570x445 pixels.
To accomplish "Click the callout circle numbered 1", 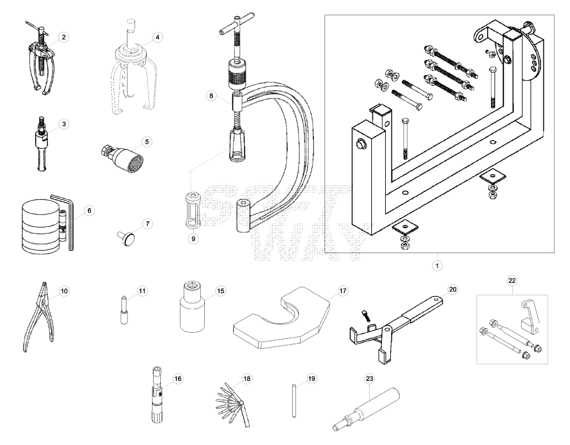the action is pos(437,265).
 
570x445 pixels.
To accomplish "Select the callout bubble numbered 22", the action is pos(512,280).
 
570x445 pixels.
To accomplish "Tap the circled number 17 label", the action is pos(343,291).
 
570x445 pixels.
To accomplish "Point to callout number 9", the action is pos(193,239).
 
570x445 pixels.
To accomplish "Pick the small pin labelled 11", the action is pos(124,310).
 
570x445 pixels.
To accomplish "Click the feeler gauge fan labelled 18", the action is pos(232,404).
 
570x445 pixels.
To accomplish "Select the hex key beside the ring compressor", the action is pos(67,221).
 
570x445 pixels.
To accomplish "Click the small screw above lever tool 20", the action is pos(366,315).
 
